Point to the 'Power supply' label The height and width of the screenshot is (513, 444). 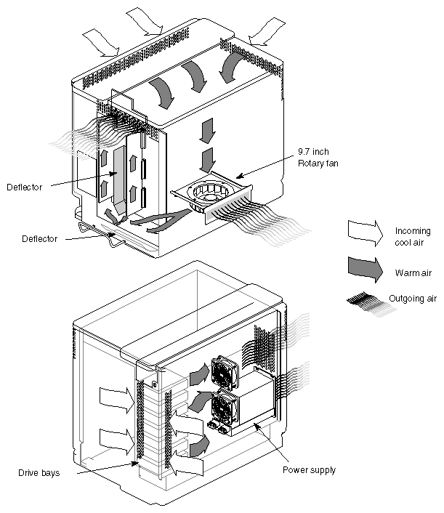tap(309, 470)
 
